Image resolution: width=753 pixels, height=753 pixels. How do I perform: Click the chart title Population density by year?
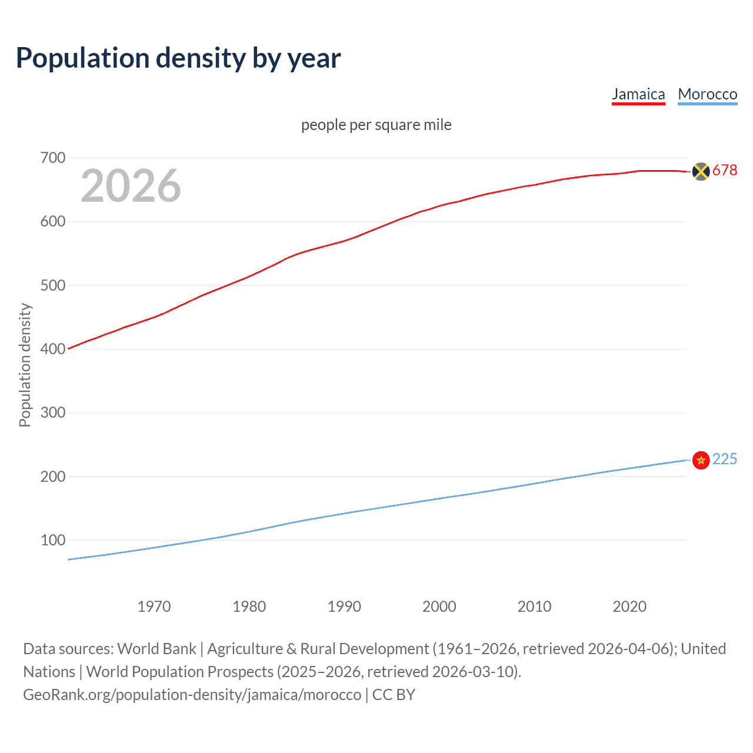pyautogui.click(x=178, y=58)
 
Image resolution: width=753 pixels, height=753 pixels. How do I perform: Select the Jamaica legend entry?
pyautogui.click(x=638, y=94)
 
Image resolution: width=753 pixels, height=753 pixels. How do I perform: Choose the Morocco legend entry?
pyautogui.click(x=707, y=94)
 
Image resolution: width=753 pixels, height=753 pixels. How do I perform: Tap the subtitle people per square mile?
pyautogui.click(x=376, y=125)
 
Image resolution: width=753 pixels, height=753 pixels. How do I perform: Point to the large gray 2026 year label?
pyautogui.click(x=131, y=186)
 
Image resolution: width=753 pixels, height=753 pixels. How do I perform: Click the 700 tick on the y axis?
pyautogui.click(x=52, y=158)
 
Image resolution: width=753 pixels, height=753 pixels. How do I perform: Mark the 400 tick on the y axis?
pyautogui.click(x=52, y=349)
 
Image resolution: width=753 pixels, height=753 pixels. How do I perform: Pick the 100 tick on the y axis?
pyautogui.click(x=52, y=540)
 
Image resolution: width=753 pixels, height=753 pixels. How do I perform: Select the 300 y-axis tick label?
pyautogui.click(x=52, y=412)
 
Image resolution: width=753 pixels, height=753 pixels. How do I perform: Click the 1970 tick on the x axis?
pyautogui.click(x=154, y=607)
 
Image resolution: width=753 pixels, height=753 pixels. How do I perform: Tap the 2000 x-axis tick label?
pyautogui.click(x=439, y=607)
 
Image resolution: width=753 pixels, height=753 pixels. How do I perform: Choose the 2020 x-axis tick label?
pyautogui.click(x=629, y=607)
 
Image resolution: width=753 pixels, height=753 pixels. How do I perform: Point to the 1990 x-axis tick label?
pyautogui.click(x=344, y=607)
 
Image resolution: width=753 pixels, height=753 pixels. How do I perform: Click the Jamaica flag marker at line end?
pyautogui.click(x=701, y=171)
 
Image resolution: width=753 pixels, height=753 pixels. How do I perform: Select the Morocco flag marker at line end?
pyautogui.click(x=701, y=460)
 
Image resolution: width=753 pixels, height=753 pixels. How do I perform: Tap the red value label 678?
pyautogui.click(x=725, y=171)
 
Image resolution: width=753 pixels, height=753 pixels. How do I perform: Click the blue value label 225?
pyautogui.click(x=725, y=459)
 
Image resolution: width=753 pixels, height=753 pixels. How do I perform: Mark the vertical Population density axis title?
pyautogui.click(x=25, y=365)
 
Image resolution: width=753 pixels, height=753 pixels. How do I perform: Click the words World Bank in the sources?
pyautogui.click(x=156, y=649)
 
